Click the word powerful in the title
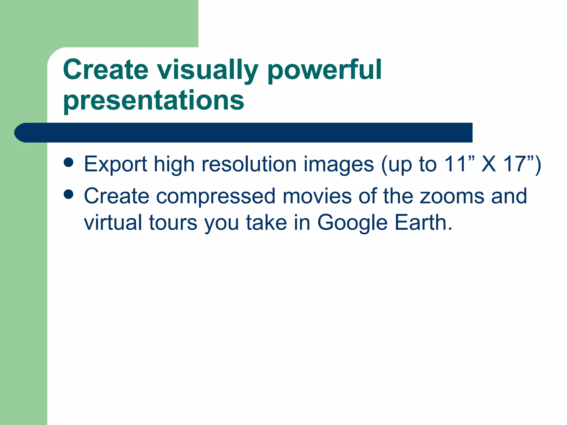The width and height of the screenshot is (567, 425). click(324, 71)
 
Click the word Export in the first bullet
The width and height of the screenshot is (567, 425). click(115, 164)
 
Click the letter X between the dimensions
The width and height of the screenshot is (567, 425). click(488, 164)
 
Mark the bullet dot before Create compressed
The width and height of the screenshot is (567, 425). click(68, 194)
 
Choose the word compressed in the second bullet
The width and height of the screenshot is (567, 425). click(216, 196)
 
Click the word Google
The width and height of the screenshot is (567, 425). click(352, 223)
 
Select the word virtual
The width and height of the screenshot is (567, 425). click(113, 222)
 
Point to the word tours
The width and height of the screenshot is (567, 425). click(173, 223)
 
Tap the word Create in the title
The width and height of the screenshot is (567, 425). click(106, 70)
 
